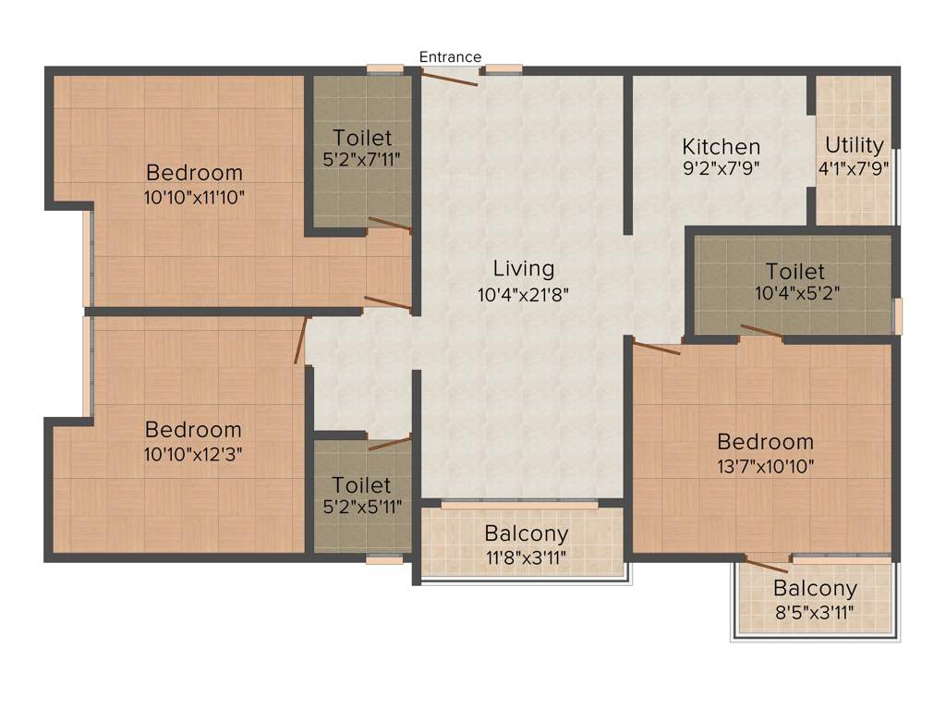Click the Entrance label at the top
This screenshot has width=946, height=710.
450,57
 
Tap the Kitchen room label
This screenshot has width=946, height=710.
721,147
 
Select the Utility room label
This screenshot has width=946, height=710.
854,145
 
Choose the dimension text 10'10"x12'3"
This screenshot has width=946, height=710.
193,454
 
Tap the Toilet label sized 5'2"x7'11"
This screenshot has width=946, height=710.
362,139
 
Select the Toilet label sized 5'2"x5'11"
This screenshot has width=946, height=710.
361,485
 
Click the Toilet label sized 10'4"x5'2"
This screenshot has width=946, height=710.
794,272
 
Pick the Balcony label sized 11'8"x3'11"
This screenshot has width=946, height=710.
526,534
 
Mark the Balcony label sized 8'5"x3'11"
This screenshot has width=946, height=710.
815,589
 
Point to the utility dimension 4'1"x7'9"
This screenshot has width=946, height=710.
854,168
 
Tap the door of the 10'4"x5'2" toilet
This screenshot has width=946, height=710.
762,332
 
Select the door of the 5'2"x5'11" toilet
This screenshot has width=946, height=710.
389,443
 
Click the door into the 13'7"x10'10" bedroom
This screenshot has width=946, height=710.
657,348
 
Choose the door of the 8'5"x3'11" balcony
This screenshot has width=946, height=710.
768,566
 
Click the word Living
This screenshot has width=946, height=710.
523,269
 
